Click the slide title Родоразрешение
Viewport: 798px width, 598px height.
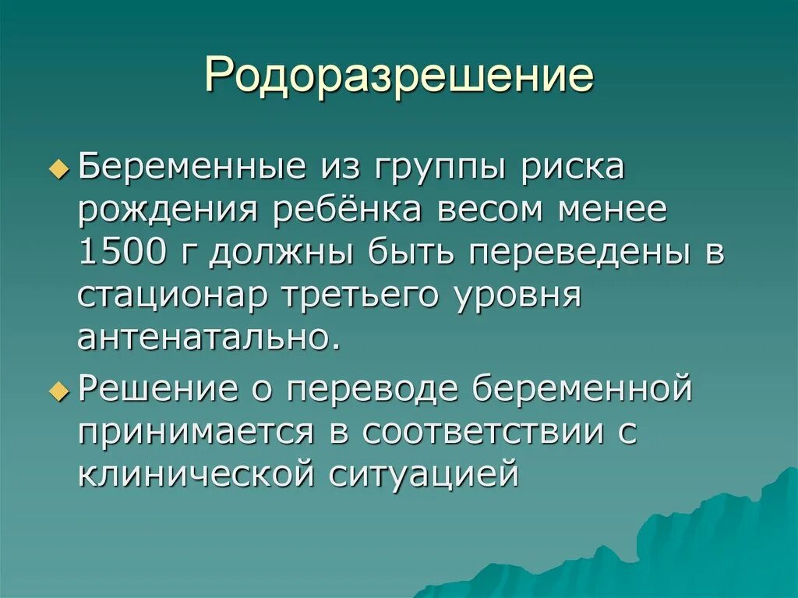pyautogui.click(x=399, y=77)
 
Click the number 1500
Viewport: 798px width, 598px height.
pyautogui.click(x=120, y=254)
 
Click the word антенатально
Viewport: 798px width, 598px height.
pyautogui.click(x=208, y=339)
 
